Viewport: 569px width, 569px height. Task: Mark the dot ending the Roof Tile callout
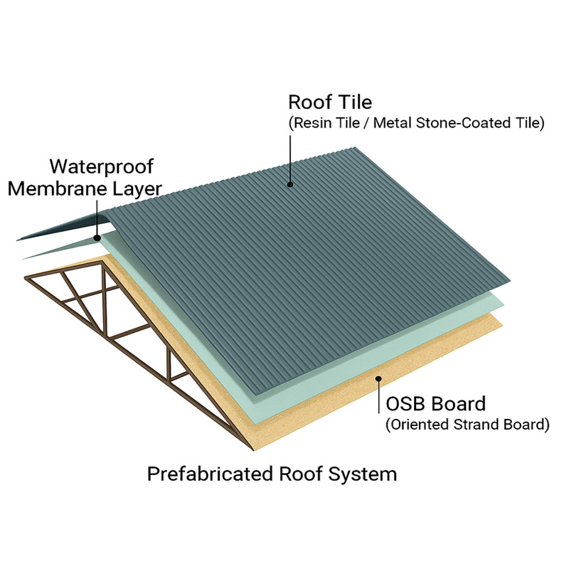click(x=290, y=185)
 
